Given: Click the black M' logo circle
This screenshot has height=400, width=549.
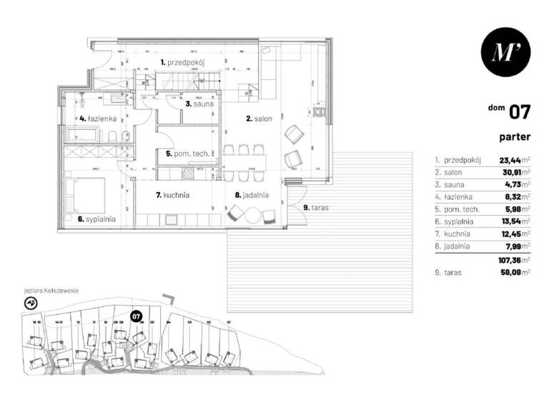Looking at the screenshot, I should [505, 51].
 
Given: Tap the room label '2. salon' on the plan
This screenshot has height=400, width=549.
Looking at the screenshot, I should [258, 119].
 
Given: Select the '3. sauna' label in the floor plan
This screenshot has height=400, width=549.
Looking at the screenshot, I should [197, 104].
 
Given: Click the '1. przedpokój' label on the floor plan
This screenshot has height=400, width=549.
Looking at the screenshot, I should [183, 63].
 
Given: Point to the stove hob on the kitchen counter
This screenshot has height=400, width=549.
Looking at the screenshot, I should [189, 172].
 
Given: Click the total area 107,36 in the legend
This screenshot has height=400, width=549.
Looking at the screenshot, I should [512, 260].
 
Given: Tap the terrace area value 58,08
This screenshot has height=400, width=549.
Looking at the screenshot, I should [512, 272].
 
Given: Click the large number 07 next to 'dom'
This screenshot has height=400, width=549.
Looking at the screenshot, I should [519, 111].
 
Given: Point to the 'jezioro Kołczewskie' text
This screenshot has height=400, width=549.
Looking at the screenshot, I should [51, 291].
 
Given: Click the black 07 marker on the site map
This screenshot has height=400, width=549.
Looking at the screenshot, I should [136, 315].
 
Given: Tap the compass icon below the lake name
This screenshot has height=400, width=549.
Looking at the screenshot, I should [31, 303].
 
